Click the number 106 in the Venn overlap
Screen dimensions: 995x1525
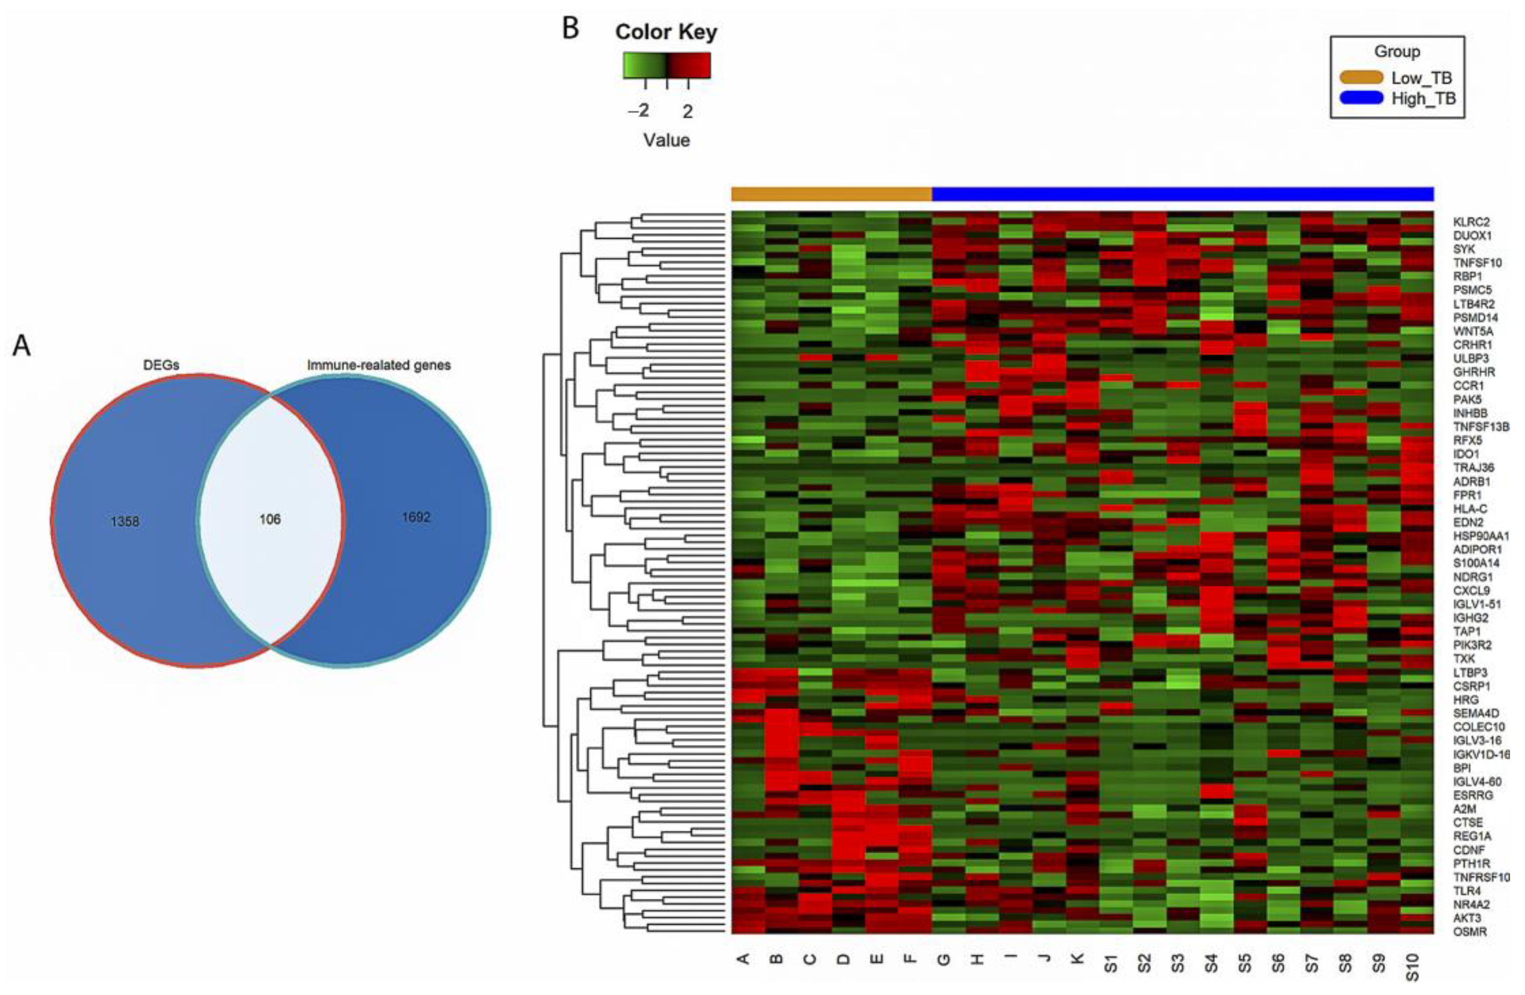[270, 519]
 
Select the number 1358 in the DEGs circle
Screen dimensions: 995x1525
[124, 521]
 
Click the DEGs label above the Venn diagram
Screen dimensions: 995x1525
[161, 365]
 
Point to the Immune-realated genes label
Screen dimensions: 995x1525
[379, 365]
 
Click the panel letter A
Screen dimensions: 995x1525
[22, 346]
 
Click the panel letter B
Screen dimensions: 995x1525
[570, 29]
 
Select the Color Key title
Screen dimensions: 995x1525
[666, 32]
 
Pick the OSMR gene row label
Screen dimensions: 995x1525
[1470, 932]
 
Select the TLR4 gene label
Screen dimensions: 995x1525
[1467, 891]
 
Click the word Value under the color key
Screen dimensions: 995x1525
[666, 140]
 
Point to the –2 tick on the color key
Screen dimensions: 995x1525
[638, 111]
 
